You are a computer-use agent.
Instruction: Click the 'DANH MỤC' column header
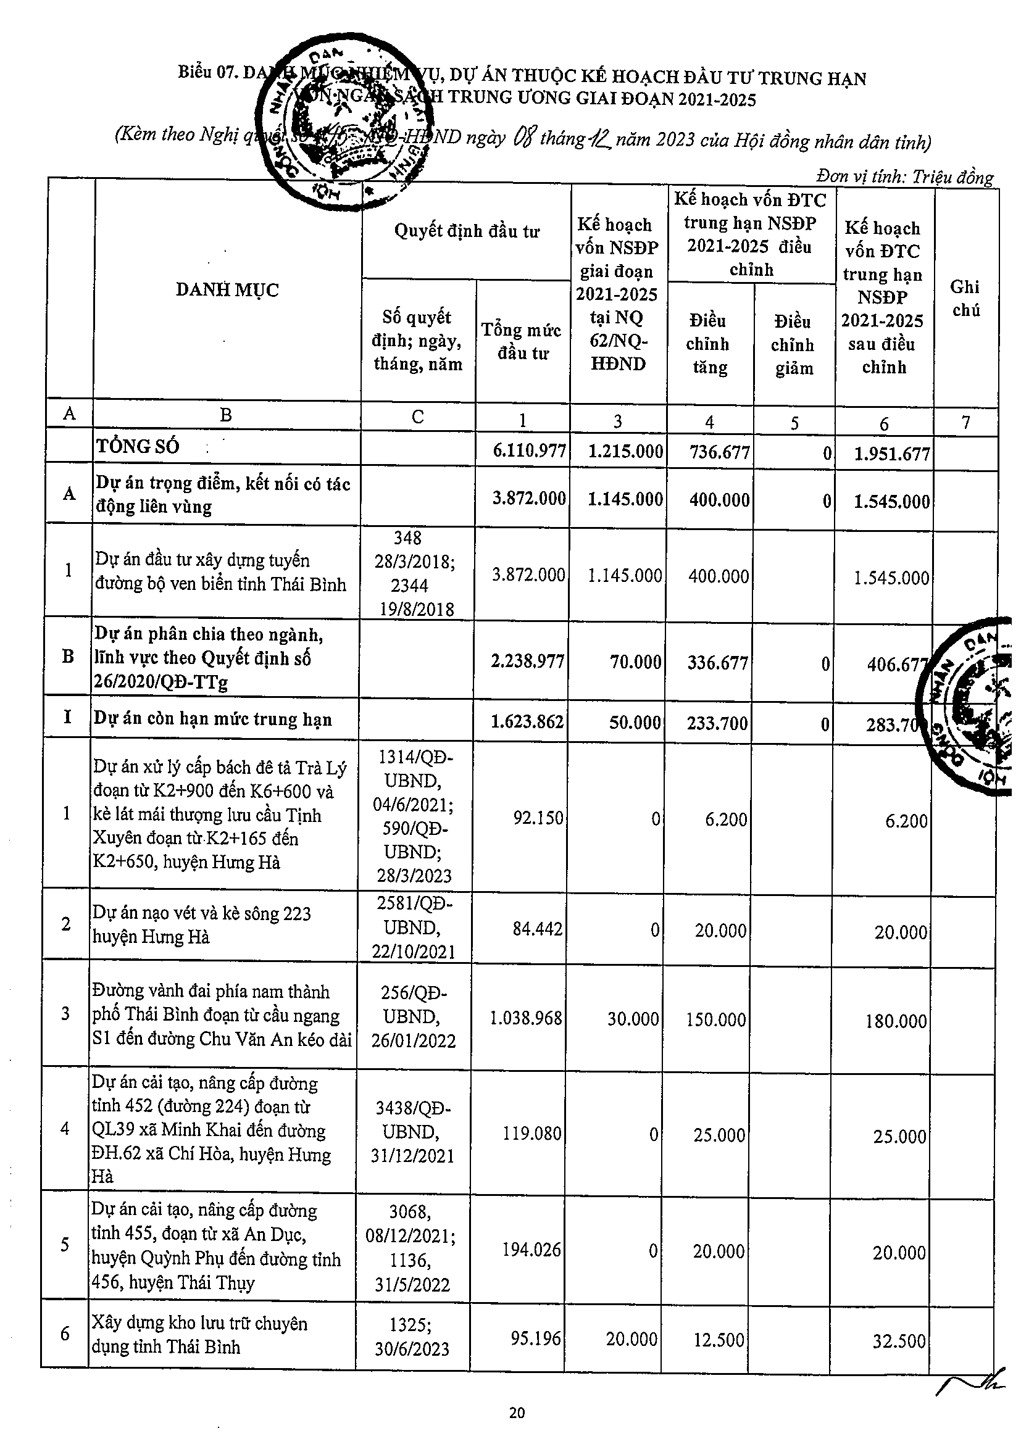click(x=227, y=290)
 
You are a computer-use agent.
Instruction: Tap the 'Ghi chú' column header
click(x=965, y=298)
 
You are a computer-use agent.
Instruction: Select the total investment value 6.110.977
click(x=529, y=450)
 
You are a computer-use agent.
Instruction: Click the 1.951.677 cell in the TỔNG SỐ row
click(x=891, y=454)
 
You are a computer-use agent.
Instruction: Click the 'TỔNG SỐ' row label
click(x=138, y=447)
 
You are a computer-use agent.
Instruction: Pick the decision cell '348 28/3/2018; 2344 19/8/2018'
click(x=416, y=573)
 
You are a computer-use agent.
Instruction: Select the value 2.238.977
click(x=527, y=661)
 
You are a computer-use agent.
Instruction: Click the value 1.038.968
click(x=525, y=1018)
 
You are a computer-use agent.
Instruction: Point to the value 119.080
click(x=531, y=1134)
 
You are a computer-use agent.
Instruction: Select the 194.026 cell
click(x=531, y=1249)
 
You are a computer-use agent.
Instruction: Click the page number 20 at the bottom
click(x=516, y=1413)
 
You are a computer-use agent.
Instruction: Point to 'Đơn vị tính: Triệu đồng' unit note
click(x=904, y=176)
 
